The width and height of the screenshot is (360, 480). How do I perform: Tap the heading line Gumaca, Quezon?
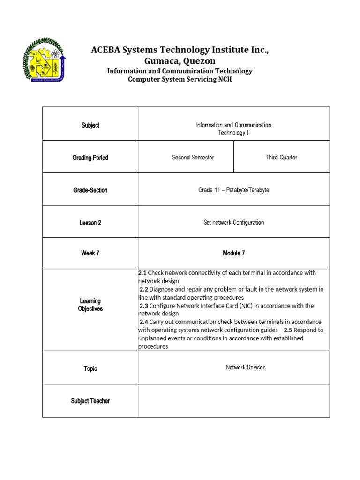tap(180, 61)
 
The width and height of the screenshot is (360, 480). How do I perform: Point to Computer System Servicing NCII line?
tap(180, 79)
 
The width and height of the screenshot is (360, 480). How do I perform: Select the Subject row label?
tap(90, 125)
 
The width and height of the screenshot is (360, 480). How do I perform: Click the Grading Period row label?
tap(90, 157)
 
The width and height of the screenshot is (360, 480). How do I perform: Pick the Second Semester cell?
tap(193, 157)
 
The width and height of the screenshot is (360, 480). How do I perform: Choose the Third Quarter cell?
tap(281, 157)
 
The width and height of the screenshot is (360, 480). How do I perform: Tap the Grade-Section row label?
tap(90, 190)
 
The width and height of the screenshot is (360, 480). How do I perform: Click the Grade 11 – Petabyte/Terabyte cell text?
tap(233, 190)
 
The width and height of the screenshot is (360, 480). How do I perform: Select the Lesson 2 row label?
tap(90, 223)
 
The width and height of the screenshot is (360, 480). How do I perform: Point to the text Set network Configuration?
tap(233, 222)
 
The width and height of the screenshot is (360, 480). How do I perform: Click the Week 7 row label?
tap(90, 253)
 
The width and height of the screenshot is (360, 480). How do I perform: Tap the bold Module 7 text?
tap(233, 253)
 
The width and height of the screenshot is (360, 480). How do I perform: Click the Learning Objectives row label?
tap(90, 305)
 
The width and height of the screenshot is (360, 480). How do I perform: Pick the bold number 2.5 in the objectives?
tap(289, 330)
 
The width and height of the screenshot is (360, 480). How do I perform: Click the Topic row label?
tap(90, 368)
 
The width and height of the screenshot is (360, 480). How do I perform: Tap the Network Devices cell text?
tap(246, 367)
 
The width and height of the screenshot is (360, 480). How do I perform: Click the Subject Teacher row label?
tap(90, 401)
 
